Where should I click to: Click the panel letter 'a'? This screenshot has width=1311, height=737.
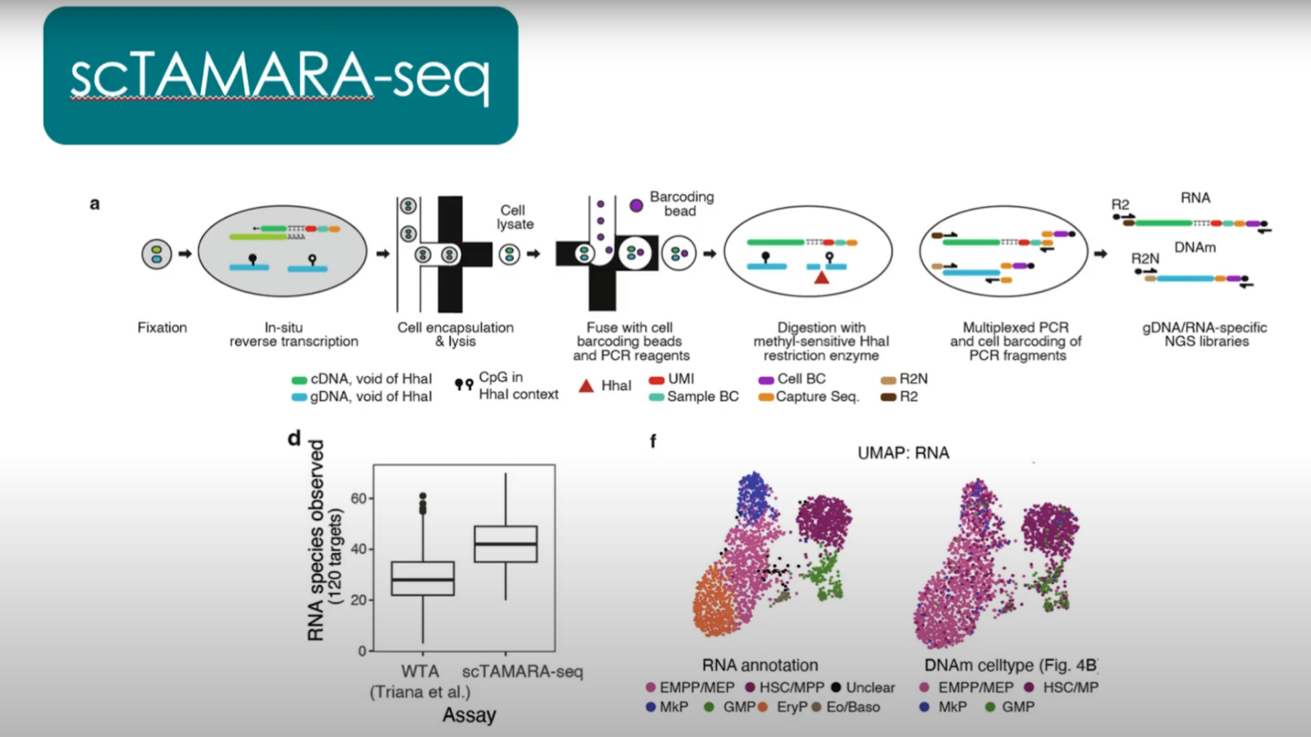pyautogui.click(x=94, y=204)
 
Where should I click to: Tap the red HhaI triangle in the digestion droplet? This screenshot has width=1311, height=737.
pyautogui.click(x=822, y=277)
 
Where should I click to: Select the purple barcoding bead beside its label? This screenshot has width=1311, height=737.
pyautogui.click(x=636, y=205)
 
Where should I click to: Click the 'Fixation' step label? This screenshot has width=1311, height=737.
pyautogui.click(x=162, y=328)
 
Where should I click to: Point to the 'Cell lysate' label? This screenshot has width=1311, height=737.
pyautogui.click(x=515, y=217)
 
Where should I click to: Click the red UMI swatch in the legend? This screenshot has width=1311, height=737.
pyautogui.click(x=656, y=380)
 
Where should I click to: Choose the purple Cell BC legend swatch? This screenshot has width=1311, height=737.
pyautogui.click(x=766, y=380)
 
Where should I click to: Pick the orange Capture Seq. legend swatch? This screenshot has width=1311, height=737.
pyautogui.click(x=766, y=398)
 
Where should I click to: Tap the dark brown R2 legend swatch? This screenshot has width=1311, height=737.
pyautogui.click(x=888, y=398)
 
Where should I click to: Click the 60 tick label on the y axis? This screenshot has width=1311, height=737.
pyautogui.click(x=358, y=498)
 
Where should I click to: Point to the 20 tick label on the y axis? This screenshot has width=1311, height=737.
pyautogui.click(x=358, y=600)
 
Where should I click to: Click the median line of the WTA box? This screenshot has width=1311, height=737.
pyautogui.click(x=423, y=580)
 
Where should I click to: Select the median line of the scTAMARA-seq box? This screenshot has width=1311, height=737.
pyautogui.click(x=506, y=544)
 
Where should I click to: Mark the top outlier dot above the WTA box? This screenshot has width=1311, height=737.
pyautogui.click(x=423, y=496)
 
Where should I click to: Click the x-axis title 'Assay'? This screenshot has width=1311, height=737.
pyautogui.click(x=469, y=715)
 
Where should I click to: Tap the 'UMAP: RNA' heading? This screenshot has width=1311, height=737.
pyautogui.click(x=903, y=453)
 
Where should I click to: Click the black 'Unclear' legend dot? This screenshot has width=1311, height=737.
pyautogui.click(x=836, y=687)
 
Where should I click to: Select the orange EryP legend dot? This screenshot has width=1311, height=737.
pyautogui.click(x=763, y=707)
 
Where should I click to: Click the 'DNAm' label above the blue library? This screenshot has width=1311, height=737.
pyautogui.click(x=1195, y=247)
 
